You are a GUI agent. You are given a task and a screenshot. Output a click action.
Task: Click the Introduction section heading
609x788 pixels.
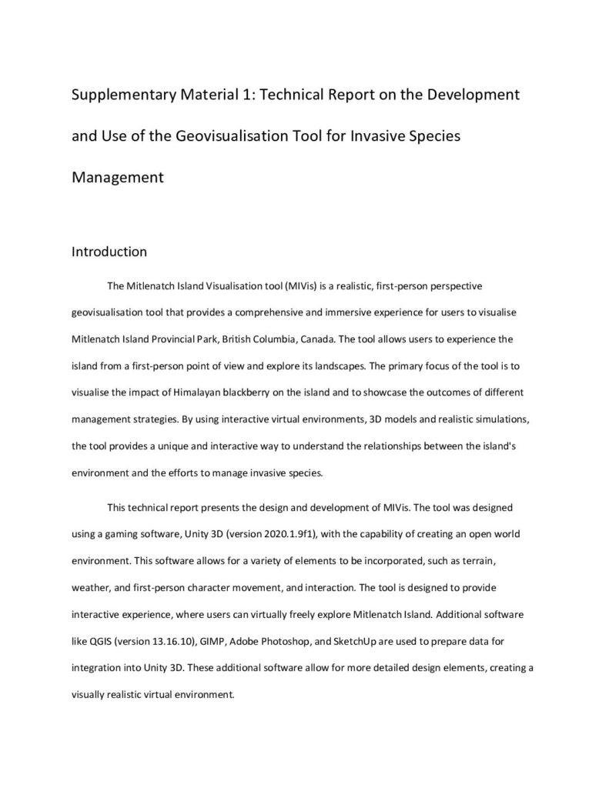coord(109,252)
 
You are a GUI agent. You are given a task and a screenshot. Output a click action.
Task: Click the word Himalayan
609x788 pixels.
coord(199,392)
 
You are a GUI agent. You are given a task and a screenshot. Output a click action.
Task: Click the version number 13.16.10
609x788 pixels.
coord(168,639)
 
